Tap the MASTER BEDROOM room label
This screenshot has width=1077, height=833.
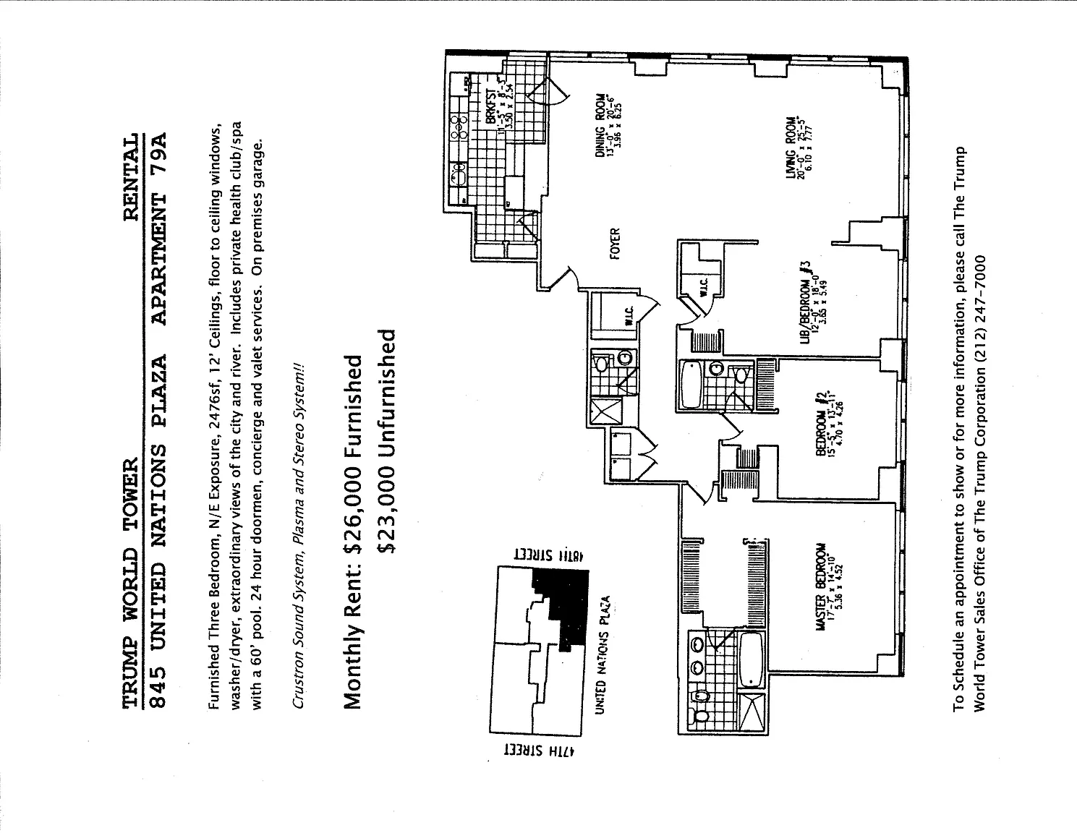point(822,587)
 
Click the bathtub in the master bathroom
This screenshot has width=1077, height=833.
point(752,659)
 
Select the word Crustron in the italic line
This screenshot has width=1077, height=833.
point(300,677)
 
